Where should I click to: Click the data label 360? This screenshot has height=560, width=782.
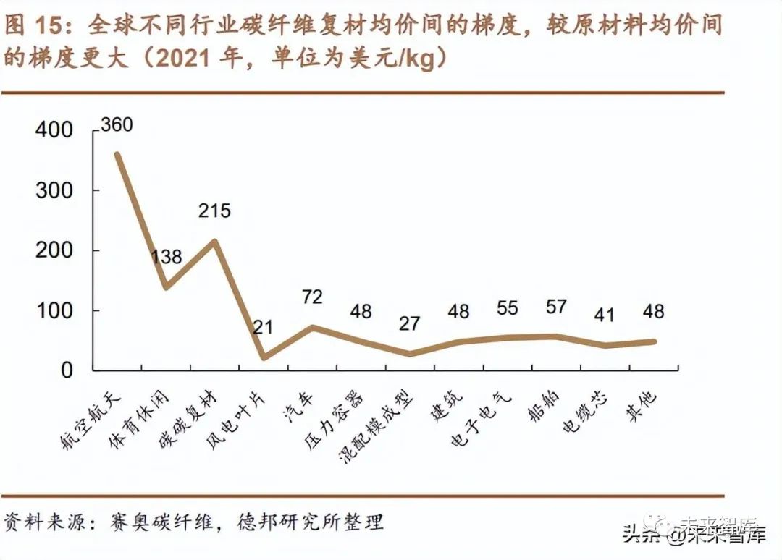coord(117,124)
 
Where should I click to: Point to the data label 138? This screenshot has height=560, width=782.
coord(166,257)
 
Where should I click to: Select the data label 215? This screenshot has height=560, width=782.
coord(215,211)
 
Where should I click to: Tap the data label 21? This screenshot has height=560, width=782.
coord(263,326)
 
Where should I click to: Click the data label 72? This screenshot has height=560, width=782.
coord(312,297)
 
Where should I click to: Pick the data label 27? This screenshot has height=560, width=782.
coord(409,323)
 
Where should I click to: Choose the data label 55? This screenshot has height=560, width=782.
coord(508,307)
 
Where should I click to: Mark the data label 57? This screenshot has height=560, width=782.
coord(556,306)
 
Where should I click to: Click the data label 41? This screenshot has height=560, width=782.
coord(605,315)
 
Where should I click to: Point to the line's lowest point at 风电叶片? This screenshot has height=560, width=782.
coord(264,357)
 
